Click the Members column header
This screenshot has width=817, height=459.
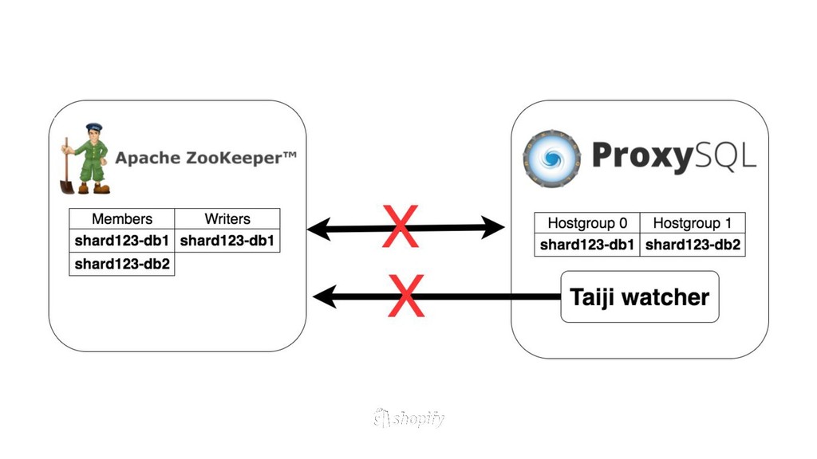(122, 219)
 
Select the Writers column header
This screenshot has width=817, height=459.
(227, 219)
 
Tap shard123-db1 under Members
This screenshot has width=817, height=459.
(122, 241)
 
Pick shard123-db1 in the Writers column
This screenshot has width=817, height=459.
(227, 241)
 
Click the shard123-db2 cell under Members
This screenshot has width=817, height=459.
(122, 264)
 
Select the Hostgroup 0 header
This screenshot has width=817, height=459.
(587, 223)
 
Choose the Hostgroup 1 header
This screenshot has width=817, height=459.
(693, 223)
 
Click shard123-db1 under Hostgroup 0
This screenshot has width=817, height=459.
(587, 245)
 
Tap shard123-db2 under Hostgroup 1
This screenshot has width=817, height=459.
(693, 245)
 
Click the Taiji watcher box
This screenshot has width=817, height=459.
(639, 297)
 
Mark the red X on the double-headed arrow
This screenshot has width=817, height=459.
(401, 227)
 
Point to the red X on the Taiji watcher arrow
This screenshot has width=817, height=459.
(406, 296)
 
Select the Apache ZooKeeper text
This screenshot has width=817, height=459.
(205, 158)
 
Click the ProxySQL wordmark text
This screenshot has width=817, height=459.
(673, 157)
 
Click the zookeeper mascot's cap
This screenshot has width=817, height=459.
(94, 127)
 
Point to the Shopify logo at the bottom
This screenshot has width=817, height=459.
(408, 418)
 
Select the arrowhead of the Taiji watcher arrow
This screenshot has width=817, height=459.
(322, 297)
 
